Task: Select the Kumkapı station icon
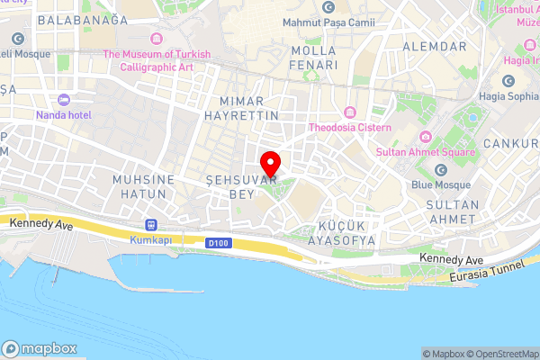click(150, 226)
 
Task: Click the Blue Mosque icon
click(441, 170)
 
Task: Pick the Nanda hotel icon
click(62, 100)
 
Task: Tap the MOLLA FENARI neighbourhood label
click(314, 58)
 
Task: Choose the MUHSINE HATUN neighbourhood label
click(142, 186)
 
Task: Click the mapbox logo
click(40, 349)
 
